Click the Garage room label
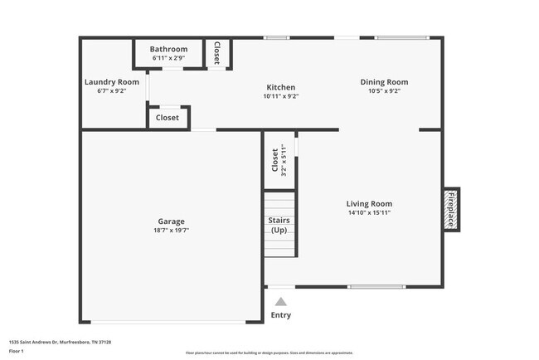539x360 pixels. pyautogui.click(x=171, y=221)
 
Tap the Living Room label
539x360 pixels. pyautogui.click(x=369, y=203)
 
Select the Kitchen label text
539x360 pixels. pyautogui.click(x=280, y=87)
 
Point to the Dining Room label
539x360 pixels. pyautogui.click(x=384, y=82)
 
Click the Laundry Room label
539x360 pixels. pyautogui.click(x=111, y=82)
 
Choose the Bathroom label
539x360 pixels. pyautogui.click(x=168, y=49)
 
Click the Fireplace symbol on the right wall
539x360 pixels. pyautogui.click(x=451, y=210)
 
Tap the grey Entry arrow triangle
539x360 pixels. pyautogui.click(x=281, y=302)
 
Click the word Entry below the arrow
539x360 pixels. pyautogui.click(x=281, y=315)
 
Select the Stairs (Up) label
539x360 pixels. pyautogui.click(x=279, y=225)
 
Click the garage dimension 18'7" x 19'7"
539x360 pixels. pyautogui.click(x=171, y=231)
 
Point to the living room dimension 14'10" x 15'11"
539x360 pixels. pyautogui.click(x=369, y=212)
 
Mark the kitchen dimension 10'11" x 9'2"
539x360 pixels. pyautogui.click(x=280, y=96)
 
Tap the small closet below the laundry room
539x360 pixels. pyautogui.click(x=168, y=118)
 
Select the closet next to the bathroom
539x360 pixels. pyautogui.click(x=217, y=53)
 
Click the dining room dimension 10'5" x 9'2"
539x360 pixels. pyautogui.click(x=384, y=91)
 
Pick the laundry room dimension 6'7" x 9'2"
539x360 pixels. pyautogui.click(x=111, y=91)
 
